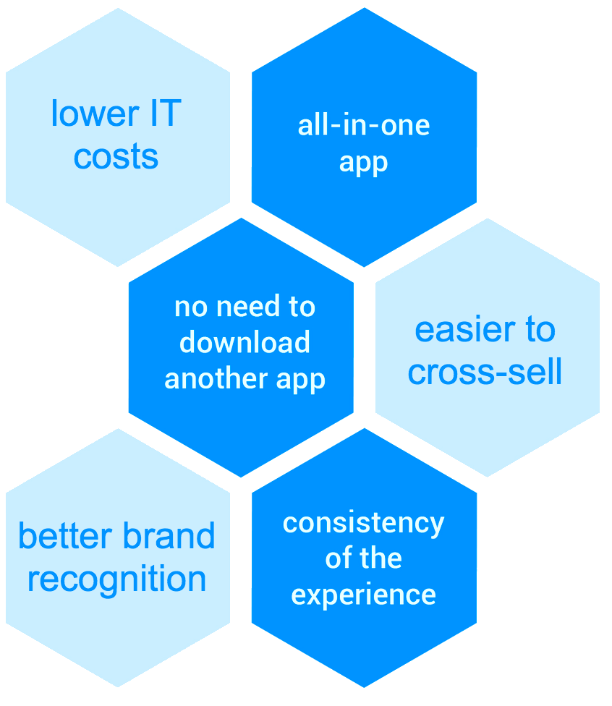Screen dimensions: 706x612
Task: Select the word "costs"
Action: point(116,156)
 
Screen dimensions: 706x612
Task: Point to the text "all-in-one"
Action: point(363,125)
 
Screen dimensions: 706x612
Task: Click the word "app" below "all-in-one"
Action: point(363,163)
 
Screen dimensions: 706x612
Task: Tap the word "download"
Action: point(245,342)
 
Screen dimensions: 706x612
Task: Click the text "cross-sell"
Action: point(485,372)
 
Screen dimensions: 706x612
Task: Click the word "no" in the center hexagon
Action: point(190,307)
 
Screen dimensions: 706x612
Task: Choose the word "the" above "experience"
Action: point(381,558)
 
